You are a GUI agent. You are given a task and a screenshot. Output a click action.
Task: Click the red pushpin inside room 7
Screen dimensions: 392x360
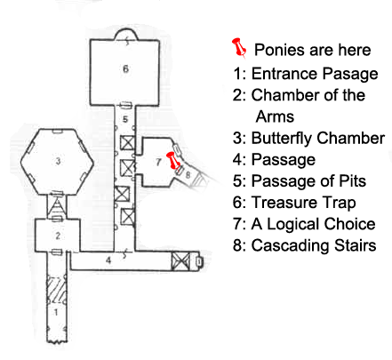tap(173, 161)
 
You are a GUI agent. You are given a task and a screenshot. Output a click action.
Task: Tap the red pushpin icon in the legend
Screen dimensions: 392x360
tap(239, 47)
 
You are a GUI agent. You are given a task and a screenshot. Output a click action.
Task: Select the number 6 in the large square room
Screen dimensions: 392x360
tap(125, 68)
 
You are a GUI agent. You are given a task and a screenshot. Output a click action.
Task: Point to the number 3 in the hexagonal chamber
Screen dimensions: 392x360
tap(58, 161)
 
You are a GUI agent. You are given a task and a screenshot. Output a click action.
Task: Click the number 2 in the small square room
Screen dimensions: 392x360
tap(58, 236)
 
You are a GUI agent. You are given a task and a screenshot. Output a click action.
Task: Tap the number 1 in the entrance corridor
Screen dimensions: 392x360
tap(56, 312)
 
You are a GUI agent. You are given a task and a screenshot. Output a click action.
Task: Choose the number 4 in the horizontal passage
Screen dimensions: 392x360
tap(108, 260)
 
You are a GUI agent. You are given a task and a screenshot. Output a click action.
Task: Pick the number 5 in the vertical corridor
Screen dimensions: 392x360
tap(125, 119)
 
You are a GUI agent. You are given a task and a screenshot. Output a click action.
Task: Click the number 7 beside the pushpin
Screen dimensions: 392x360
tap(158, 162)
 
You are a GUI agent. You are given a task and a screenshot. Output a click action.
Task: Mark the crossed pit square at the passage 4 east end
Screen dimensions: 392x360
tap(180, 261)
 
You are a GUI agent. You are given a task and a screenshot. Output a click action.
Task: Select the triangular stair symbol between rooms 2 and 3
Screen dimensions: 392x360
tap(58, 207)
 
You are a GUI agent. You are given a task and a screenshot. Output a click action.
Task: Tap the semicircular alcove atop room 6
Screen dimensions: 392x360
tap(126, 34)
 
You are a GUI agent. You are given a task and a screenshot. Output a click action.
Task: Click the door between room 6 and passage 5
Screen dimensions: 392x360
tap(124, 105)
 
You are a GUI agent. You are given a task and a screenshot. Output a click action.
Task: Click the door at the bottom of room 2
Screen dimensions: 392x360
tap(57, 252)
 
